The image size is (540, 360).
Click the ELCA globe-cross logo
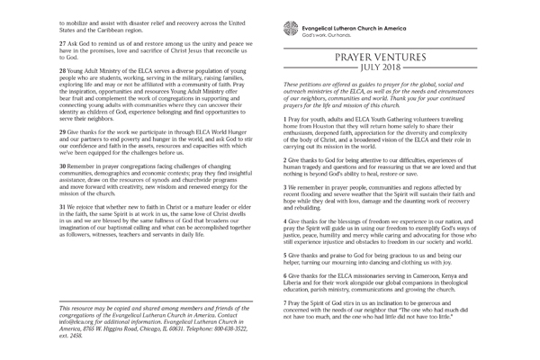289,26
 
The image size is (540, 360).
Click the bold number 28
63,69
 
